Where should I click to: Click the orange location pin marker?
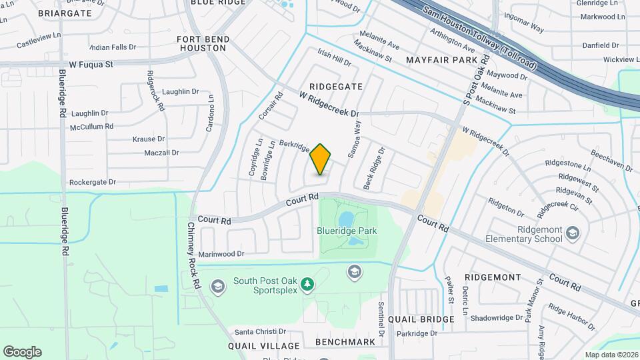[321, 159]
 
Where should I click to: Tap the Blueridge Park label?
[347, 231]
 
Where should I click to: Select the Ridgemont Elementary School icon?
[573, 232]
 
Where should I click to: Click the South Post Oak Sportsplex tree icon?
[307, 285]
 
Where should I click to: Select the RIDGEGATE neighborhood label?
[335, 87]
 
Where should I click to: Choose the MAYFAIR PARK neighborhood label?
[442, 60]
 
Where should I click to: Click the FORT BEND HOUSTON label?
[202, 43]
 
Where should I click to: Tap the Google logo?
[22, 352]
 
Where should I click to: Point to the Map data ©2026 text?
[611, 355]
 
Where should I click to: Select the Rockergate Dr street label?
[93, 182]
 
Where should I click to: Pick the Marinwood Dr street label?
[222, 254]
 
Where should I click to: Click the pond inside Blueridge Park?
[345, 219]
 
